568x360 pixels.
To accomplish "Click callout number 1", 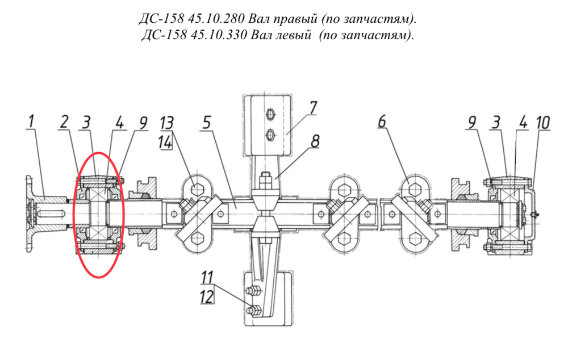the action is click(x=31, y=122).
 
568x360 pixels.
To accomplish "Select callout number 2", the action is click(x=65, y=122).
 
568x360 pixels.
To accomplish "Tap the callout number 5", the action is click(x=206, y=123).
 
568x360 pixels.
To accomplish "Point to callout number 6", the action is click(x=382, y=122).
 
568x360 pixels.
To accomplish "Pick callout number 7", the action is click(x=312, y=108).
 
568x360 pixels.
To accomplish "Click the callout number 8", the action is click(x=315, y=141).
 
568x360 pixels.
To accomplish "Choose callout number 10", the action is click(x=543, y=123).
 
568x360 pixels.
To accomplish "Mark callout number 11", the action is click(x=207, y=278).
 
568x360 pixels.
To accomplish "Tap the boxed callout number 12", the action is click(x=207, y=298).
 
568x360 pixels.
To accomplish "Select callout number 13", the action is click(x=166, y=123).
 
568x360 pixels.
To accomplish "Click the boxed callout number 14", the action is click(x=165, y=143).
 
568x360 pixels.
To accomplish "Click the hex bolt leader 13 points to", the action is click(x=196, y=189).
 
